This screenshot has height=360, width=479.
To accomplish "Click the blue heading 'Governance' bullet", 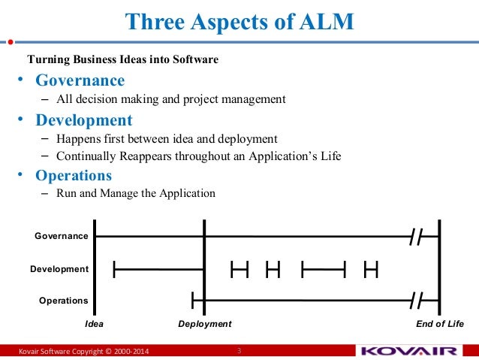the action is (x=80, y=80).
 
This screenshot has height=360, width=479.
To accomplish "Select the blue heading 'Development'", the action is (x=84, y=120).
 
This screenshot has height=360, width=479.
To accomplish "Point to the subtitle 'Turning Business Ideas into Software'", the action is (x=123, y=59).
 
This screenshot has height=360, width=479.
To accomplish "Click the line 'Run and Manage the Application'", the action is (x=136, y=193).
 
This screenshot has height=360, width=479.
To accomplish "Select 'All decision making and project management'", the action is (x=171, y=98).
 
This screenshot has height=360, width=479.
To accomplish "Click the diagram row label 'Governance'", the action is (x=62, y=236).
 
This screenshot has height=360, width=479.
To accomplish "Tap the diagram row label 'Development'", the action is (x=59, y=268).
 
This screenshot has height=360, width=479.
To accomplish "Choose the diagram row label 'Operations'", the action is (x=63, y=301).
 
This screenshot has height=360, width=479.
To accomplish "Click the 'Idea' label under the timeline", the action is (x=94, y=324).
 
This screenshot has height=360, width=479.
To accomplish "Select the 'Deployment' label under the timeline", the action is (x=204, y=324).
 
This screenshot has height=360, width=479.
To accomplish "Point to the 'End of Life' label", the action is (x=440, y=324).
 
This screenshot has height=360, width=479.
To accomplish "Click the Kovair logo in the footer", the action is (x=408, y=351).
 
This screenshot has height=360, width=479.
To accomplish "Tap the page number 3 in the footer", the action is (x=239, y=351).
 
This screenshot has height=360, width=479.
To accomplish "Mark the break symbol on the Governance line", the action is (x=418, y=237).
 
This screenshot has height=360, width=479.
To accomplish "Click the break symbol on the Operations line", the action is (x=418, y=301).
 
